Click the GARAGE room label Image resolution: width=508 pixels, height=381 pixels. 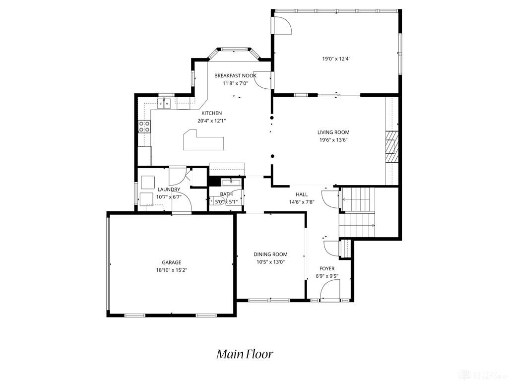(171, 262)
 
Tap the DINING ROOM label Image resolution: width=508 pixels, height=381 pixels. (270, 254)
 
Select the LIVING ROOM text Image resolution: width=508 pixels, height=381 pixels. (333, 132)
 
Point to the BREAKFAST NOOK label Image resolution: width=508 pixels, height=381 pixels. (235, 76)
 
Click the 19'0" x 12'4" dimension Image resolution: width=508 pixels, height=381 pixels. (337, 59)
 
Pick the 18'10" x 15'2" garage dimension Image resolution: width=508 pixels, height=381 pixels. (171, 270)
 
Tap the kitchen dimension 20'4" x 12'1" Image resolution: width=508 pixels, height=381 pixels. (211, 121)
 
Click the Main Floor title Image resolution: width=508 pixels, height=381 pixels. (245, 354)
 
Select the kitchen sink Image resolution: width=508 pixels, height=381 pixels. (164, 103)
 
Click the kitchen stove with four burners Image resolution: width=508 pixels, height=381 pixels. (144, 127)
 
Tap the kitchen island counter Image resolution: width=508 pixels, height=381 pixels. (203, 140)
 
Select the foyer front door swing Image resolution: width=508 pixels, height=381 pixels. (330, 289)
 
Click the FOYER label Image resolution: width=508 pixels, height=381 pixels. (327, 268)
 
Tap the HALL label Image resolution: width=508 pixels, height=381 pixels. (302, 194)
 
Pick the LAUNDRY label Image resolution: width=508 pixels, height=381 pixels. (169, 190)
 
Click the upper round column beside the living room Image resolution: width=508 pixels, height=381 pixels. (272, 118)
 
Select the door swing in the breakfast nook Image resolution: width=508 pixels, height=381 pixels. (262, 79)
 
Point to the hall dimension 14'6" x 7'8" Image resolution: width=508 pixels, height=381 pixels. (302, 202)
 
